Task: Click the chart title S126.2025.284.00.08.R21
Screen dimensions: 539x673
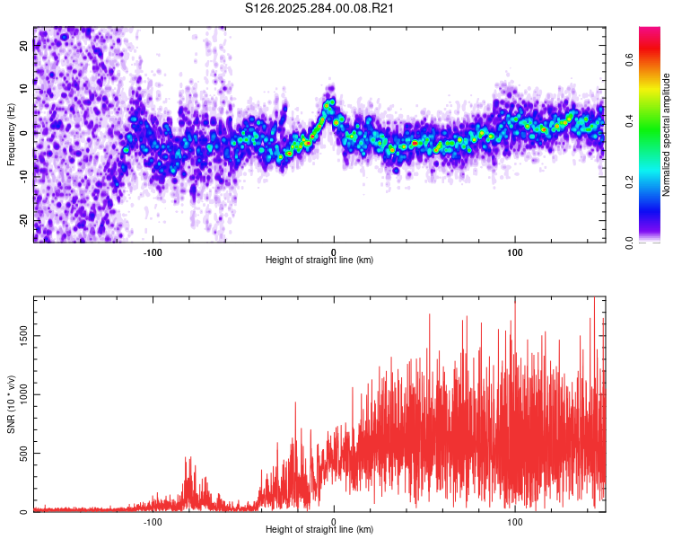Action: pos(320,8)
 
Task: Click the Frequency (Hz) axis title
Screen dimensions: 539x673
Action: pos(11,135)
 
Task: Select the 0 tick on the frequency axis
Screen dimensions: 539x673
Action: pos(24,132)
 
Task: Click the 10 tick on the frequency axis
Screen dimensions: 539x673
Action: pos(24,89)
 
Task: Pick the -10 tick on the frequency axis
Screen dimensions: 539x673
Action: pos(24,176)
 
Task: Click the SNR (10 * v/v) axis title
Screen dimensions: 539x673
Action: pos(11,404)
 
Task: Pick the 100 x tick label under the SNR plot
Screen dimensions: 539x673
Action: pos(515,521)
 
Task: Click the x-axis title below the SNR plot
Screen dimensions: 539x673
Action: pos(319,530)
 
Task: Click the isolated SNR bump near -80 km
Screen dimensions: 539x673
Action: pos(189,481)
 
